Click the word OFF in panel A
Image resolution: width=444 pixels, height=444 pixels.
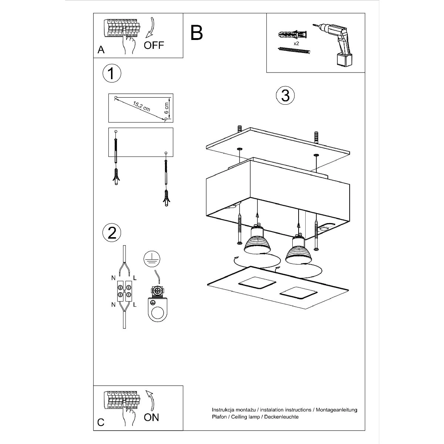point(154,45)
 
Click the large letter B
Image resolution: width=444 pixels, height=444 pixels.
point(196,33)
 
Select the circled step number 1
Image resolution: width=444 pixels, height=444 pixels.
point(112,73)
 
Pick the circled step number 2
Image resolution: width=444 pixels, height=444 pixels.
point(112,233)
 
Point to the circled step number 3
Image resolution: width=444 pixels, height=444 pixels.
point(285,95)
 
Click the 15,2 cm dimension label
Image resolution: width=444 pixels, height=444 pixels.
point(141,106)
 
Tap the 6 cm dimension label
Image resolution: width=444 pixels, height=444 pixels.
point(166,108)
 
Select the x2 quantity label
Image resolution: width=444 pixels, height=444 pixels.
point(296,43)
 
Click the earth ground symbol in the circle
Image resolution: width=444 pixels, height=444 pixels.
point(152,259)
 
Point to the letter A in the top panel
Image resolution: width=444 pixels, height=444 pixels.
point(101,50)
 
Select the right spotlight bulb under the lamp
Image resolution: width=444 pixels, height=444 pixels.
point(299,250)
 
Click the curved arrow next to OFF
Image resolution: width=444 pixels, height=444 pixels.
point(150,27)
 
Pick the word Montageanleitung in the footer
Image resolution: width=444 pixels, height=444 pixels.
point(336,410)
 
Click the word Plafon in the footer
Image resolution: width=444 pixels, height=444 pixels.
point(219,417)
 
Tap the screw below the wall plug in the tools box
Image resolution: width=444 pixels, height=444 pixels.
point(294,50)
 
